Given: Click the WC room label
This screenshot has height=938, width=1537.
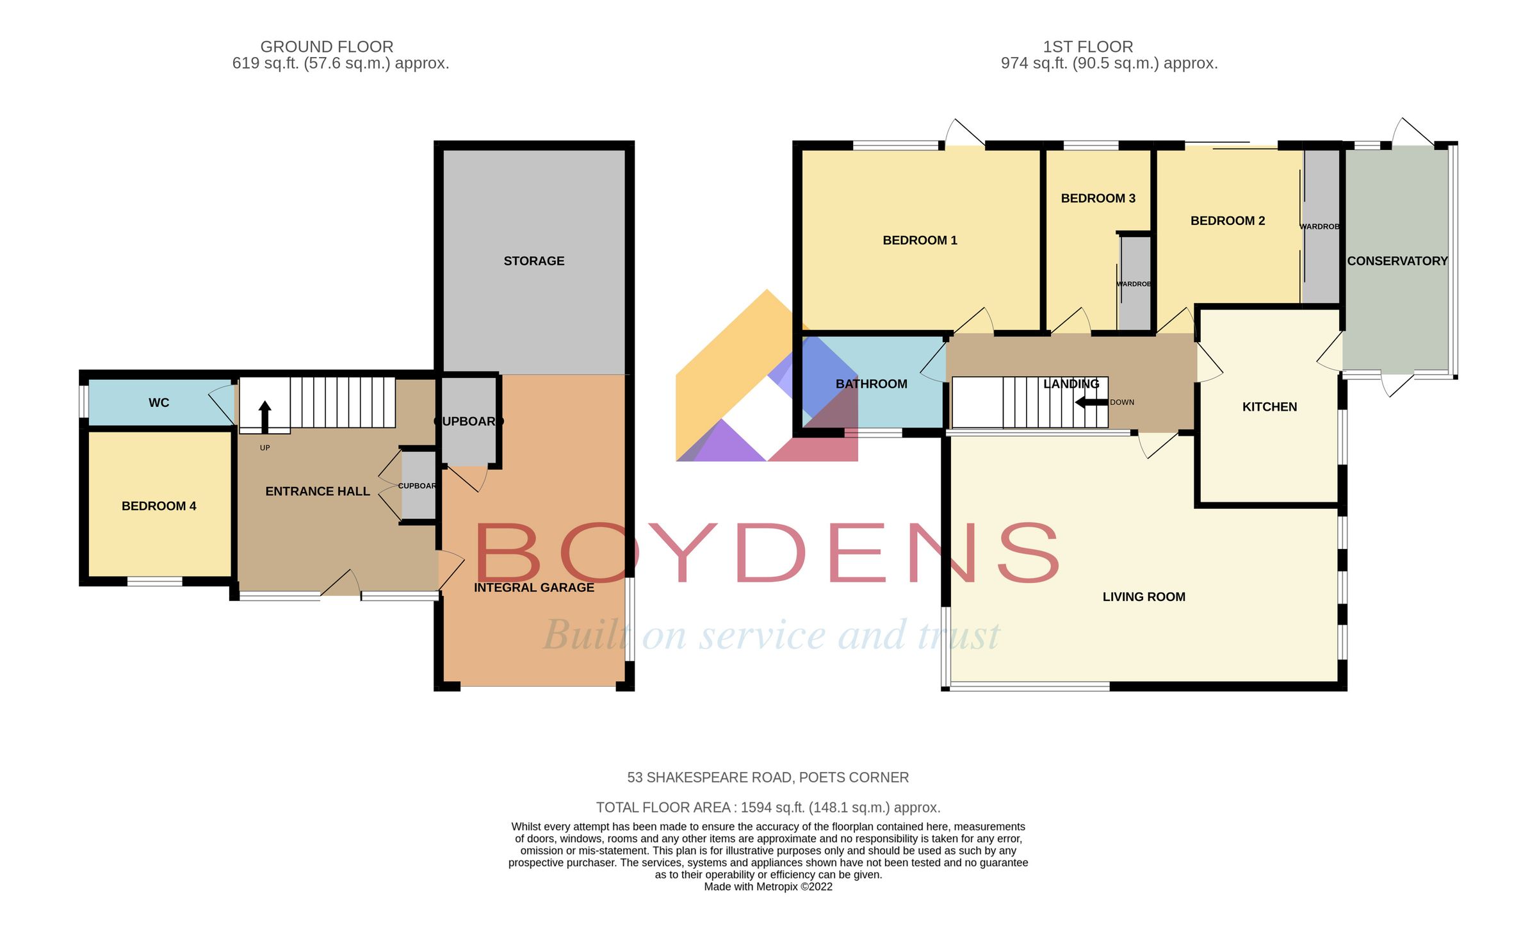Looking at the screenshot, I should tap(159, 403).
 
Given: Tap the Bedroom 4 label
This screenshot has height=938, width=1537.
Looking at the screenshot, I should tap(159, 506).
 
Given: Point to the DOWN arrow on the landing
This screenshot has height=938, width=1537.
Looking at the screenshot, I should tap(1091, 402).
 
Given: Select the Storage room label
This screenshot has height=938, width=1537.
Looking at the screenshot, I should tap(533, 261).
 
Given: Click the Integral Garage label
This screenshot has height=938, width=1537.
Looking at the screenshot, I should tap(533, 588).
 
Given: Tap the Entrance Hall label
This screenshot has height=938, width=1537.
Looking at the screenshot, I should tap(318, 491).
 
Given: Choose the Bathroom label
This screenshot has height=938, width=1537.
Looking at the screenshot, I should tap(871, 384).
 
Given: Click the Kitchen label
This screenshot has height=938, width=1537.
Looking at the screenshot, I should tap(1269, 407).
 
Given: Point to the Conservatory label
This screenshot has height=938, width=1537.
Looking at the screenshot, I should tap(1397, 261).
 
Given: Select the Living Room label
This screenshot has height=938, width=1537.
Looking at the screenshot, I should tap(1144, 597).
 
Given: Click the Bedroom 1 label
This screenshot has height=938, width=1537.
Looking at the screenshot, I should tap(920, 240).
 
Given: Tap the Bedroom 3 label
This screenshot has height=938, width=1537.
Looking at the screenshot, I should tap(1098, 199).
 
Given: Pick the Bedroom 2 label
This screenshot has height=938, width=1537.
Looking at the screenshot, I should tap(1227, 221).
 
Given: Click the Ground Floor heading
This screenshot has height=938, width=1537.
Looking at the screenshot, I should tap(327, 47).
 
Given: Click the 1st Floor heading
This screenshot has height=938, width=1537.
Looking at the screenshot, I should tap(1087, 47).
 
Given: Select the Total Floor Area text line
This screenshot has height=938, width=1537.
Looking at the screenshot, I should tap(768, 807).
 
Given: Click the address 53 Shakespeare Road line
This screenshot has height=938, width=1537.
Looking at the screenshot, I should tap(768, 777).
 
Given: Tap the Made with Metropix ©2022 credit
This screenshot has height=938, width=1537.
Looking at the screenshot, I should tap(768, 887).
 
